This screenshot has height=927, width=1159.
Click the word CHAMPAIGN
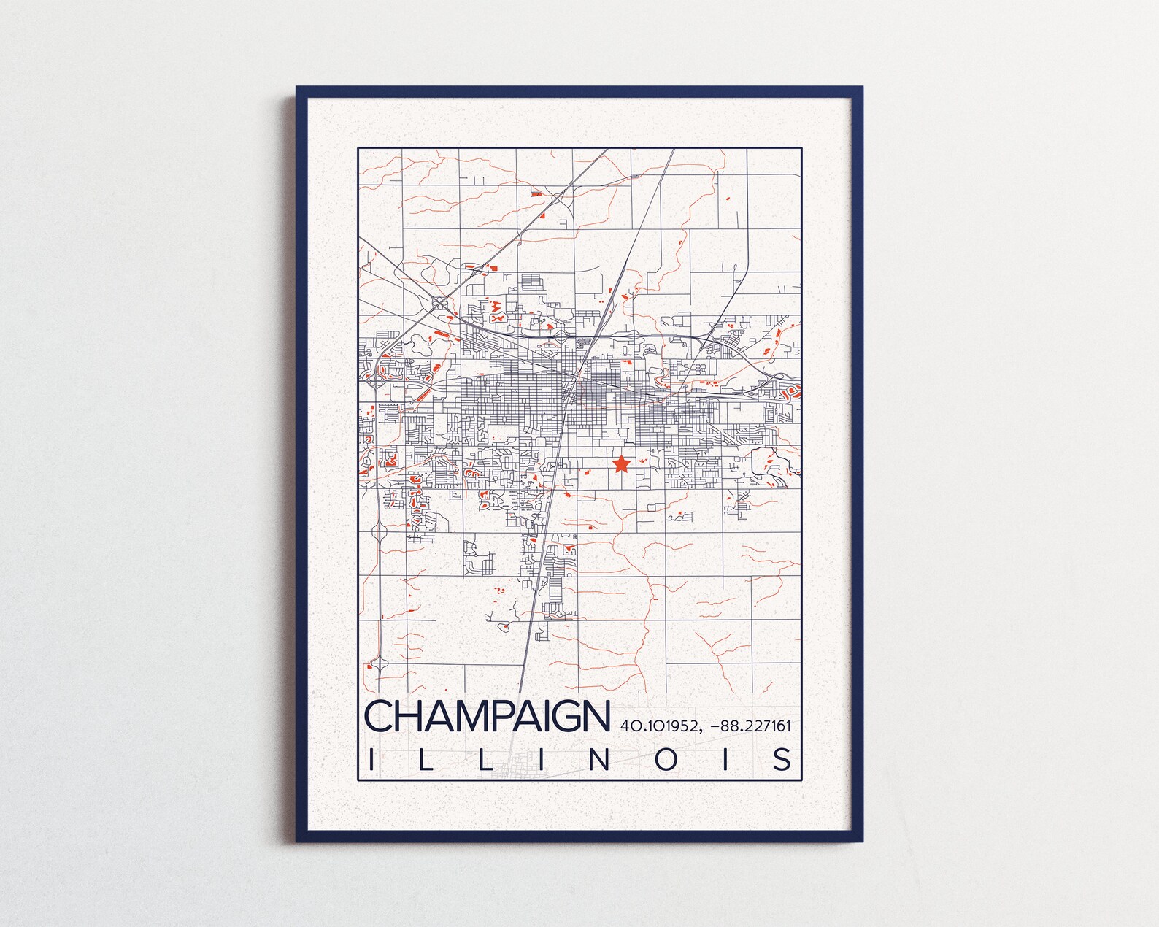[x=486, y=717]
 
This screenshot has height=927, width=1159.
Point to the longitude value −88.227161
[x=752, y=726]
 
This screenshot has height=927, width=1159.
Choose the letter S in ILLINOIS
[x=782, y=759]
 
